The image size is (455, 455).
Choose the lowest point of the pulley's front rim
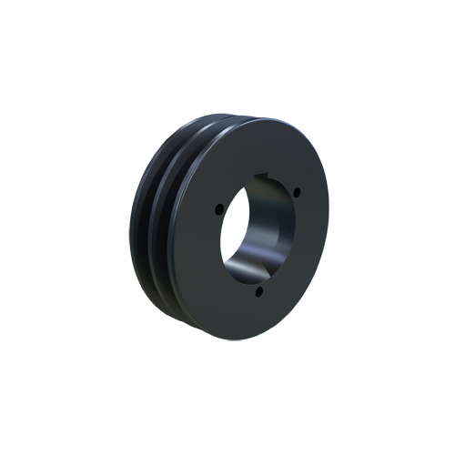(x=251, y=338)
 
